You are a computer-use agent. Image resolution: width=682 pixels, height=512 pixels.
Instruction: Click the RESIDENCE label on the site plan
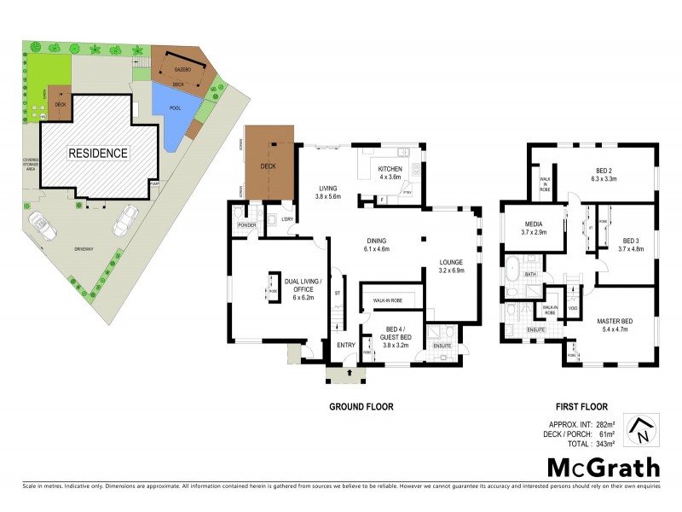coord(98,154)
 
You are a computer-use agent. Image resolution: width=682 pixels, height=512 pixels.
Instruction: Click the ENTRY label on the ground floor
coord(345,345)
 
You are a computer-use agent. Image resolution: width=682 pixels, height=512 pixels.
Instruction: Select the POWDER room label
coord(248,225)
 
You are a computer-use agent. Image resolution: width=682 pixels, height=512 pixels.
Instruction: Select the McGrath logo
coord(604,467)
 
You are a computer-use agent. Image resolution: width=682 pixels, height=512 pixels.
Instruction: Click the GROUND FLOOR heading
coord(361,407)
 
